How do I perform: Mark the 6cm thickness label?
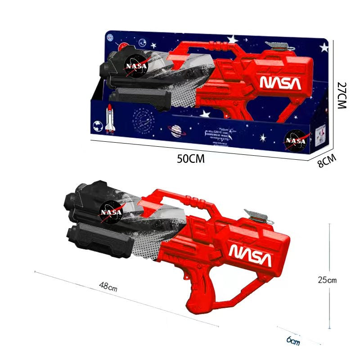293,341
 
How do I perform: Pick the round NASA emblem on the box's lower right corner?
297,140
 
